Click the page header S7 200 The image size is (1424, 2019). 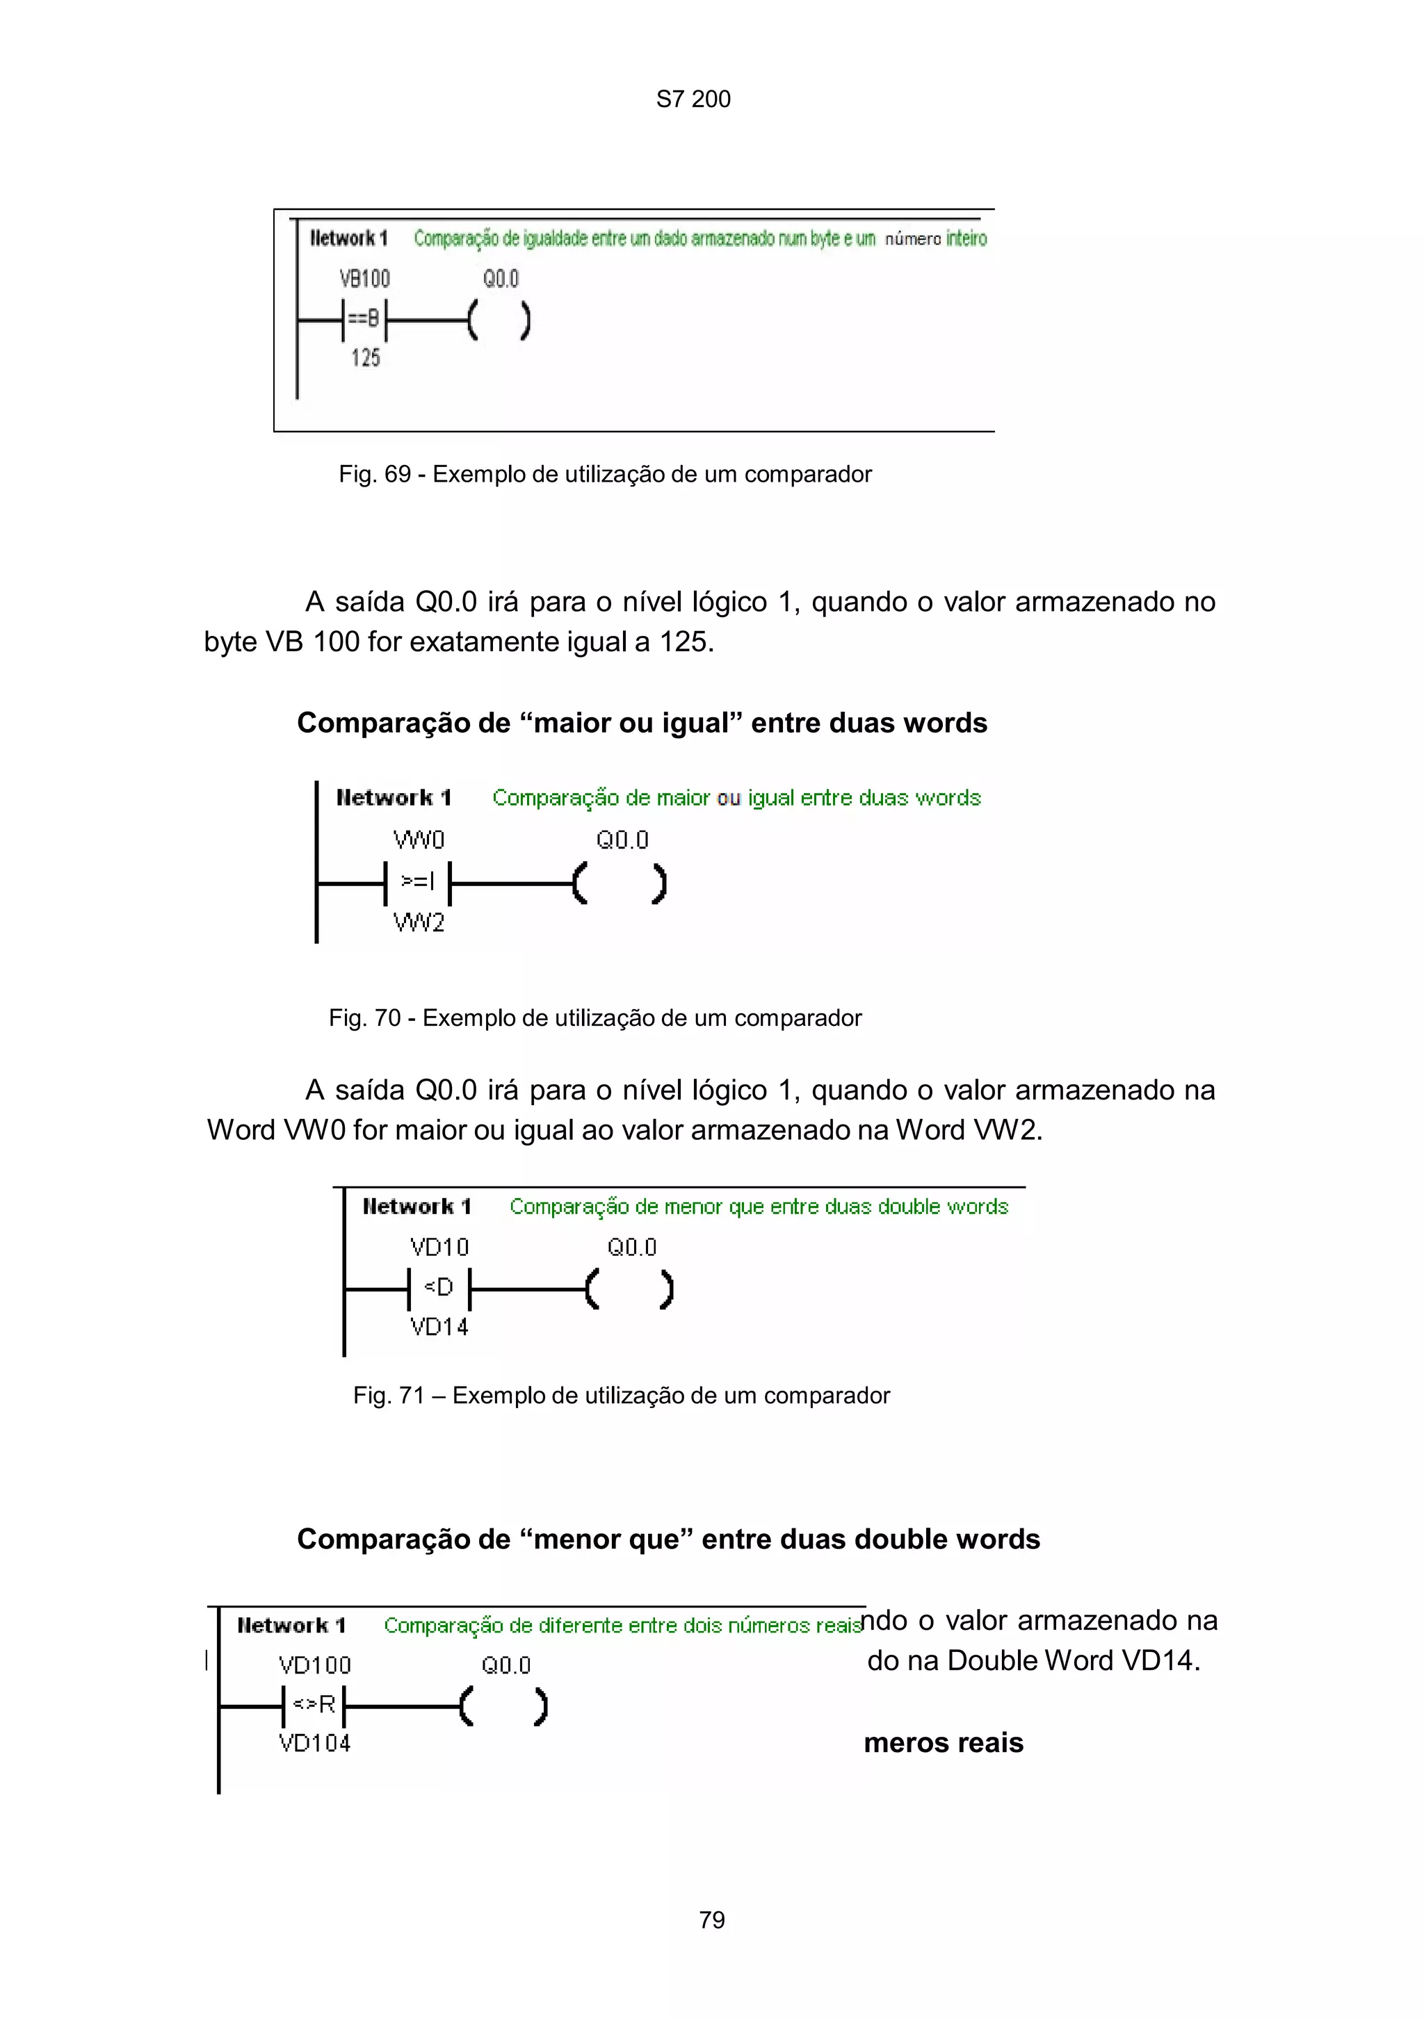(x=693, y=99)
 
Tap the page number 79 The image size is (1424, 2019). (x=711, y=1920)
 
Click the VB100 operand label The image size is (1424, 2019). (x=364, y=279)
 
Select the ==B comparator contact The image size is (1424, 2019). (x=364, y=319)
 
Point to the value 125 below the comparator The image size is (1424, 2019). (x=365, y=358)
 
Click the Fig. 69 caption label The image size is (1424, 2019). (x=604, y=474)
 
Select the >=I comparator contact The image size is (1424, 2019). (x=418, y=882)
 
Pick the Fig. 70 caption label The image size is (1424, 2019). (x=594, y=1017)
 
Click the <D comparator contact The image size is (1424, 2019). (x=439, y=1289)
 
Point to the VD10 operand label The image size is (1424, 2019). (x=439, y=1247)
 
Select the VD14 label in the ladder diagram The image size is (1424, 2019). (x=439, y=1327)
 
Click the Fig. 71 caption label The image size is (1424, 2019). (x=621, y=1396)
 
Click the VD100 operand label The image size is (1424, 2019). (x=314, y=1665)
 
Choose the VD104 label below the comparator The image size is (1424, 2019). (x=314, y=1743)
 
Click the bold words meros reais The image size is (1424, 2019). (x=943, y=1743)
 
